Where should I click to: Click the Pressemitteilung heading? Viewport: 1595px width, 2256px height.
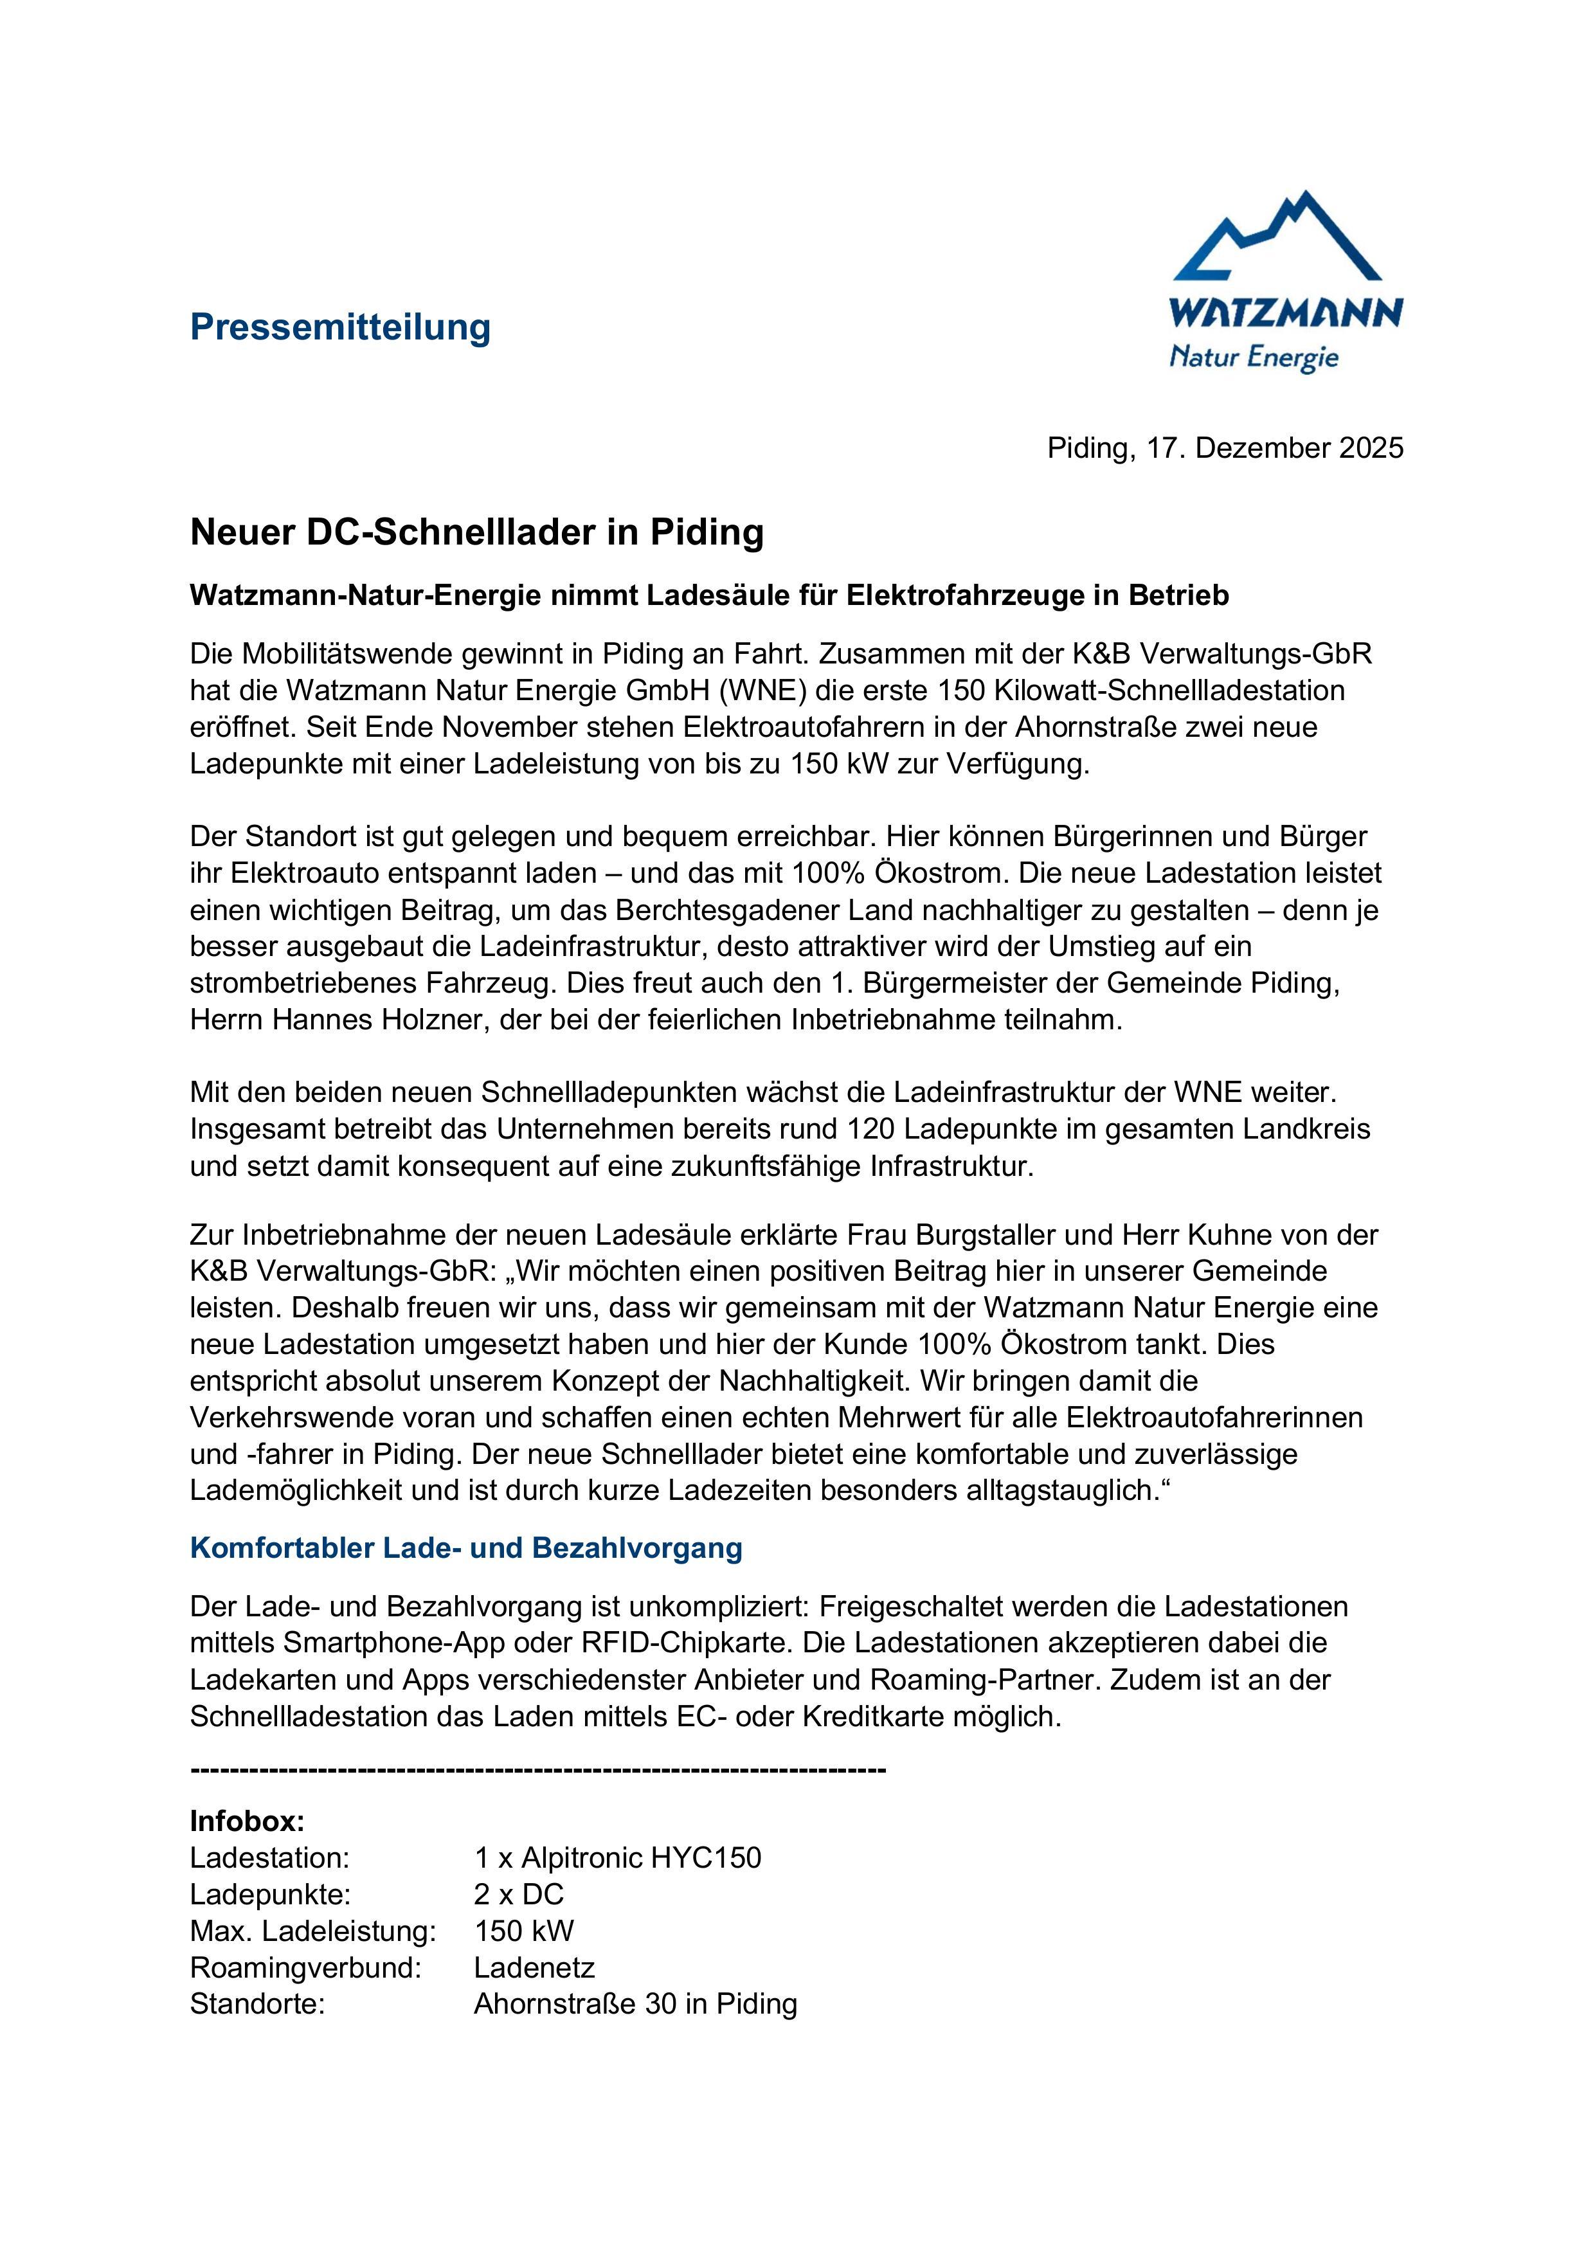340,327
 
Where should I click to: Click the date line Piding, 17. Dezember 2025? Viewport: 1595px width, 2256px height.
1225,448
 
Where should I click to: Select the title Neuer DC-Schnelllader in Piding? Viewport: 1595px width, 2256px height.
476,532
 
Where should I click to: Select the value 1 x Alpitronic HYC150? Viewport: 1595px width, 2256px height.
617,1858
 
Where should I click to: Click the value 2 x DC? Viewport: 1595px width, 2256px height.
519,1895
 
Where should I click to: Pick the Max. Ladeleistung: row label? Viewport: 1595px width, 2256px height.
312,1931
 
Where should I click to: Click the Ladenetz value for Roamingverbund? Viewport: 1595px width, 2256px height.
534,1968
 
